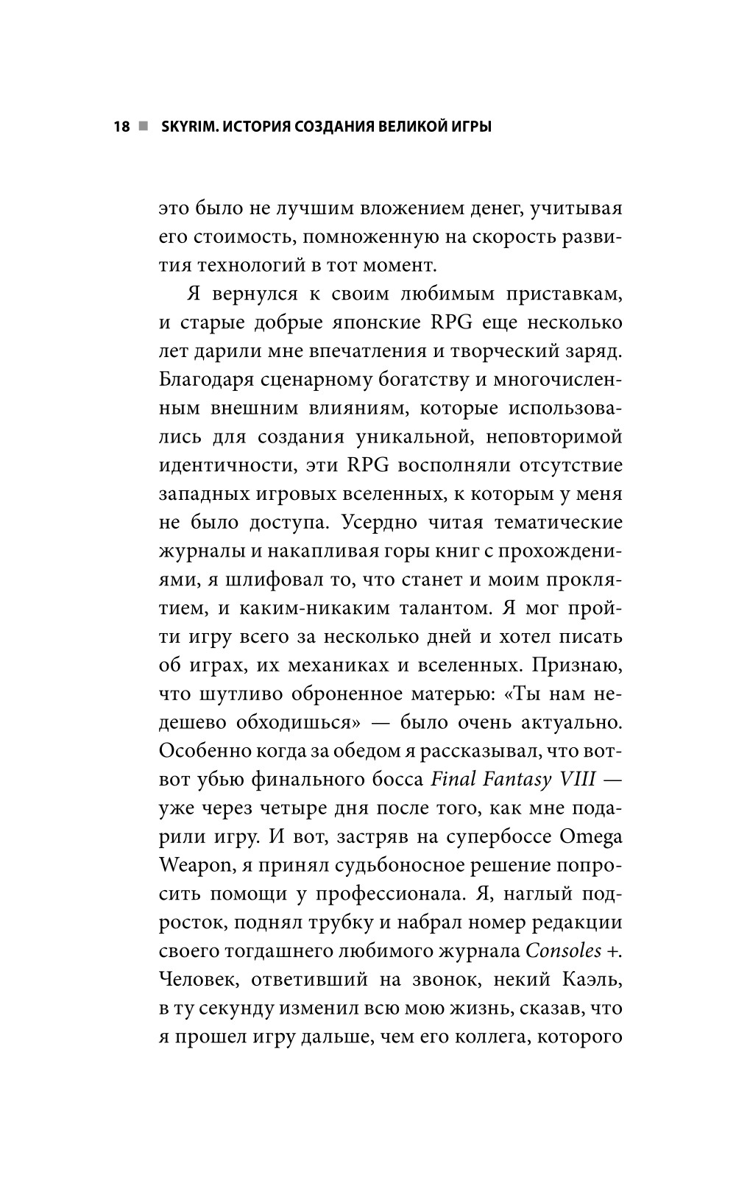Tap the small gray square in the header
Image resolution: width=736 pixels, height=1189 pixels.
[x=144, y=127]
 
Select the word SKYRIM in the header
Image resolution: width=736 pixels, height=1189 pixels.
[x=184, y=127]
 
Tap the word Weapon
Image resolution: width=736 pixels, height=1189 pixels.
[x=195, y=865]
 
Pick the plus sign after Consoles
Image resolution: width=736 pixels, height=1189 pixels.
[x=614, y=951]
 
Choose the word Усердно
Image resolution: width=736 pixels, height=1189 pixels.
[x=379, y=522]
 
